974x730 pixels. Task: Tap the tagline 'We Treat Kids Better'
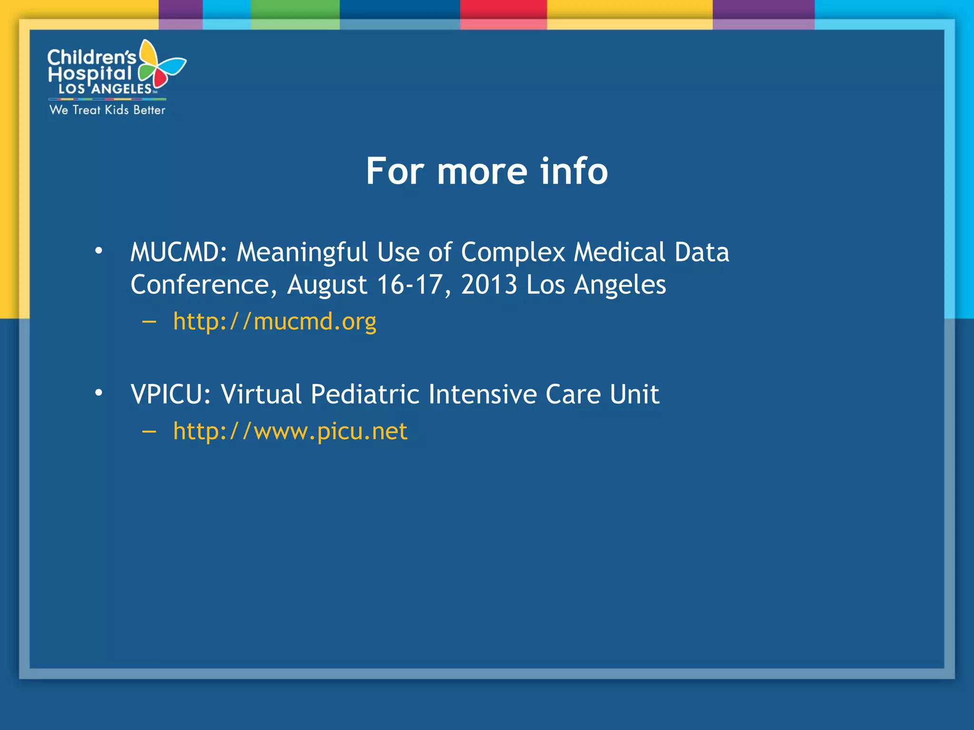pyautogui.click(x=107, y=110)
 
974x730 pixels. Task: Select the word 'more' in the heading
pyautogui.click(x=482, y=171)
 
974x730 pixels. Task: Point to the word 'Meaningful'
pyautogui.click(x=302, y=253)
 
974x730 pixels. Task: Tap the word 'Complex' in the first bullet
pyautogui.click(x=513, y=253)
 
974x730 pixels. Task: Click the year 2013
pyautogui.click(x=489, y=285)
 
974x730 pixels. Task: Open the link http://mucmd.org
pyautogui.click(x=274, y=322)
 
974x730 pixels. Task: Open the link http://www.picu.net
pyautogui.click(x=290, y=432)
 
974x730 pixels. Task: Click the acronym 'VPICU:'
pyautogui.click(x=171, y=394)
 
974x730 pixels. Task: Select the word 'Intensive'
pyautogui.click(x=482, y=394)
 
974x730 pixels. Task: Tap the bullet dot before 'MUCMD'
pyautogui.click(x=98, y=250)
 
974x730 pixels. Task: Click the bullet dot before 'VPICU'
pyautogui.click(x=98, y=393)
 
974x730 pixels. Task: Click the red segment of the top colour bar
pyautogui.click(x=503, y=10)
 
